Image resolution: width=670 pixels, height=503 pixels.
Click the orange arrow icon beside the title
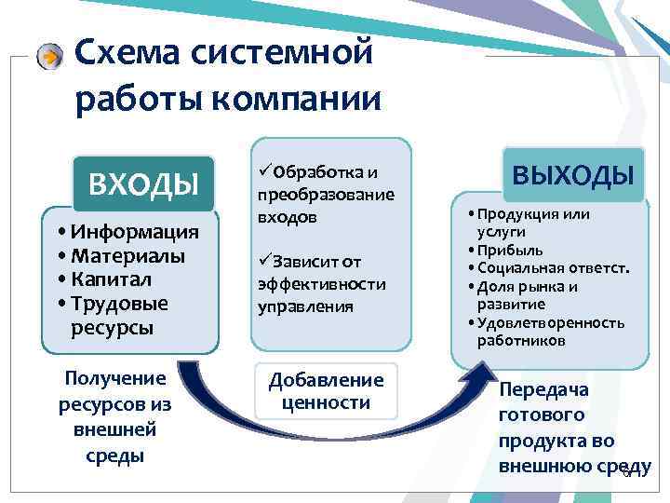pyautogui.click(x=52, y=55)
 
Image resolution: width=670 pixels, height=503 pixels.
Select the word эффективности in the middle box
pyautogui.click(x=320, y=284)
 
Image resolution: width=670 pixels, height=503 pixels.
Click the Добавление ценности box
pyautogui.click(x=326, y=391)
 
